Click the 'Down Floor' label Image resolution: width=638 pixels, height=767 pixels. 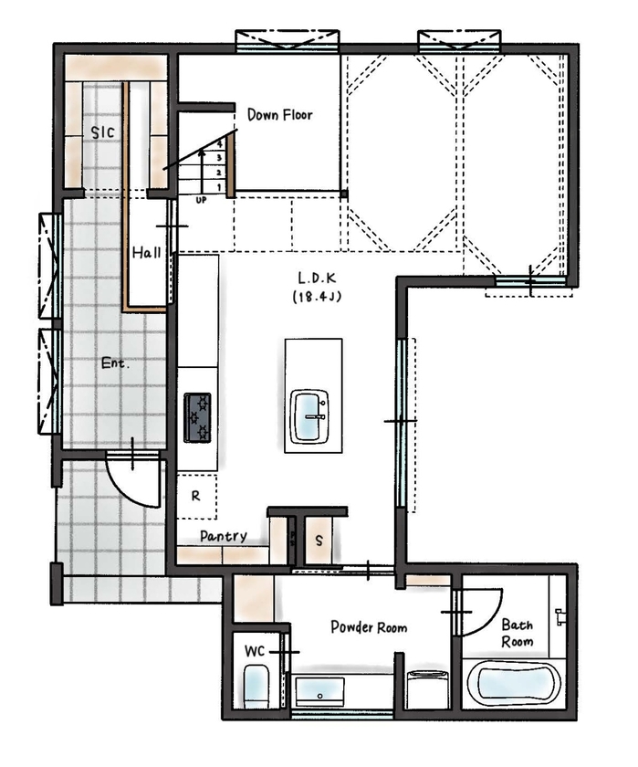[x=279, y=115]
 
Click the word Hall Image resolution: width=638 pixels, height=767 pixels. [x=146, y=252]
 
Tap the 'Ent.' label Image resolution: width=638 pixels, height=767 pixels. [x=115, y=362]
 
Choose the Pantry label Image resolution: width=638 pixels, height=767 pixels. [x=223, y=536]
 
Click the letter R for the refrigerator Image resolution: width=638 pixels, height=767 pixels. [x=195, y=497]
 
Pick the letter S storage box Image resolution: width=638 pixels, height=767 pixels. [x=319, y=540]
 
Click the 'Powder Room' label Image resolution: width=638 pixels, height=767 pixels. [x=369, y=627]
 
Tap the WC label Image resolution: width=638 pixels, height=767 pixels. [x=255, y=652]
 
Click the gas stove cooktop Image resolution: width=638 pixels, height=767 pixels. [x=197, y=417]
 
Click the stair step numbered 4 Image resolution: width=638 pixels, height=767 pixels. [x=219, y=144]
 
